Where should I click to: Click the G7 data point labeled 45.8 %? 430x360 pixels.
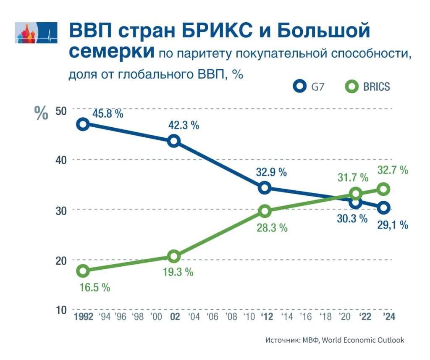[x=83, y=124]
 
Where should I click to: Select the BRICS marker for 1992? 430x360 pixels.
[x=83, y=271]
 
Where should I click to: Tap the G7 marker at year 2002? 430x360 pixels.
[x=174, y=141]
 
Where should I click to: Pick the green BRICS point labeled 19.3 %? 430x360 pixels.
[x=174, y=256]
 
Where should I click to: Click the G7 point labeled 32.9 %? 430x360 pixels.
[x=265, y=187]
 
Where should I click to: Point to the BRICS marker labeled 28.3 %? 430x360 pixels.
[x=265, y=211]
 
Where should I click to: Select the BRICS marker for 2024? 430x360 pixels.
[x=384, y=189]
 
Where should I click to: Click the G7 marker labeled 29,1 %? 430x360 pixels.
[x=384, y=208]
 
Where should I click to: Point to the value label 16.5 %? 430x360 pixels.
[x=94, y=288]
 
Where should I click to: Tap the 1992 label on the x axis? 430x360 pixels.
[x=83, y=317]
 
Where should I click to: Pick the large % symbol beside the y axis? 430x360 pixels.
[x=41, y=113]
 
